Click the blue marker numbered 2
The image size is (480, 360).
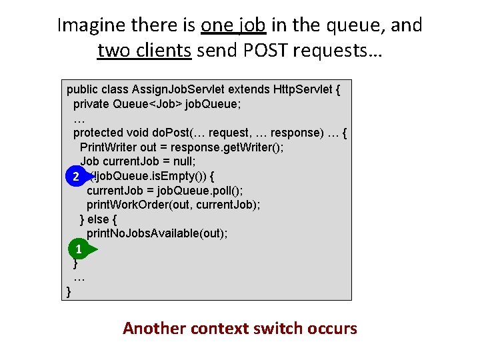point(77,177)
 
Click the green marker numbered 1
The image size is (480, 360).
point(79,250)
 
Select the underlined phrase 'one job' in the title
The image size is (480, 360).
point(233,25)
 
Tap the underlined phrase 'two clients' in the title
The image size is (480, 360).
point(145,50)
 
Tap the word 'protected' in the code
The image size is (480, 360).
point(97,133)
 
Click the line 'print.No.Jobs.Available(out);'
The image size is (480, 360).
point(157,233)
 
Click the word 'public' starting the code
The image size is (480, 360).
point(82,89)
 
